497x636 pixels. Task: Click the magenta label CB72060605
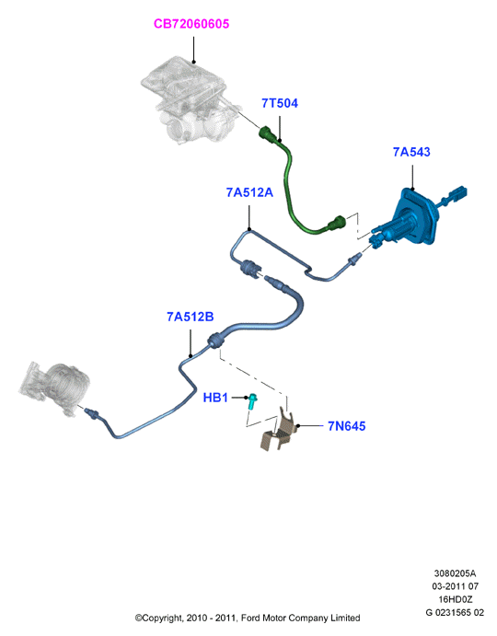pos(191,24)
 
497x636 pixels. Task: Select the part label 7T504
pos(280,103)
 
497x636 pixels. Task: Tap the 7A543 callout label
pos(411,152)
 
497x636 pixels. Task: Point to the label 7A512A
pos(249,192)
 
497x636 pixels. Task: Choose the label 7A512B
pos(191,317)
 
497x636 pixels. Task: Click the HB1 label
pos(215,398)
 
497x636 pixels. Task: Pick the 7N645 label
pos(346,426)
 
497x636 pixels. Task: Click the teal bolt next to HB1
pos(253,400)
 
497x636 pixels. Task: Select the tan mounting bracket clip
pos(278,431)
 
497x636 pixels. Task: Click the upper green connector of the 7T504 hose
pos(269,134)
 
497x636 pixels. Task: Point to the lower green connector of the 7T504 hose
pos(336,223)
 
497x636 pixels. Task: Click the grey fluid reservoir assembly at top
pos(191,100)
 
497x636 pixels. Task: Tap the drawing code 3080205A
pos(455,573)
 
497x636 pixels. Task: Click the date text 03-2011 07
pos(455,586)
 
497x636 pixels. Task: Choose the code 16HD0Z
pos(455,599)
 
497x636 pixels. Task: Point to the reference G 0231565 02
pos(455,613)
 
